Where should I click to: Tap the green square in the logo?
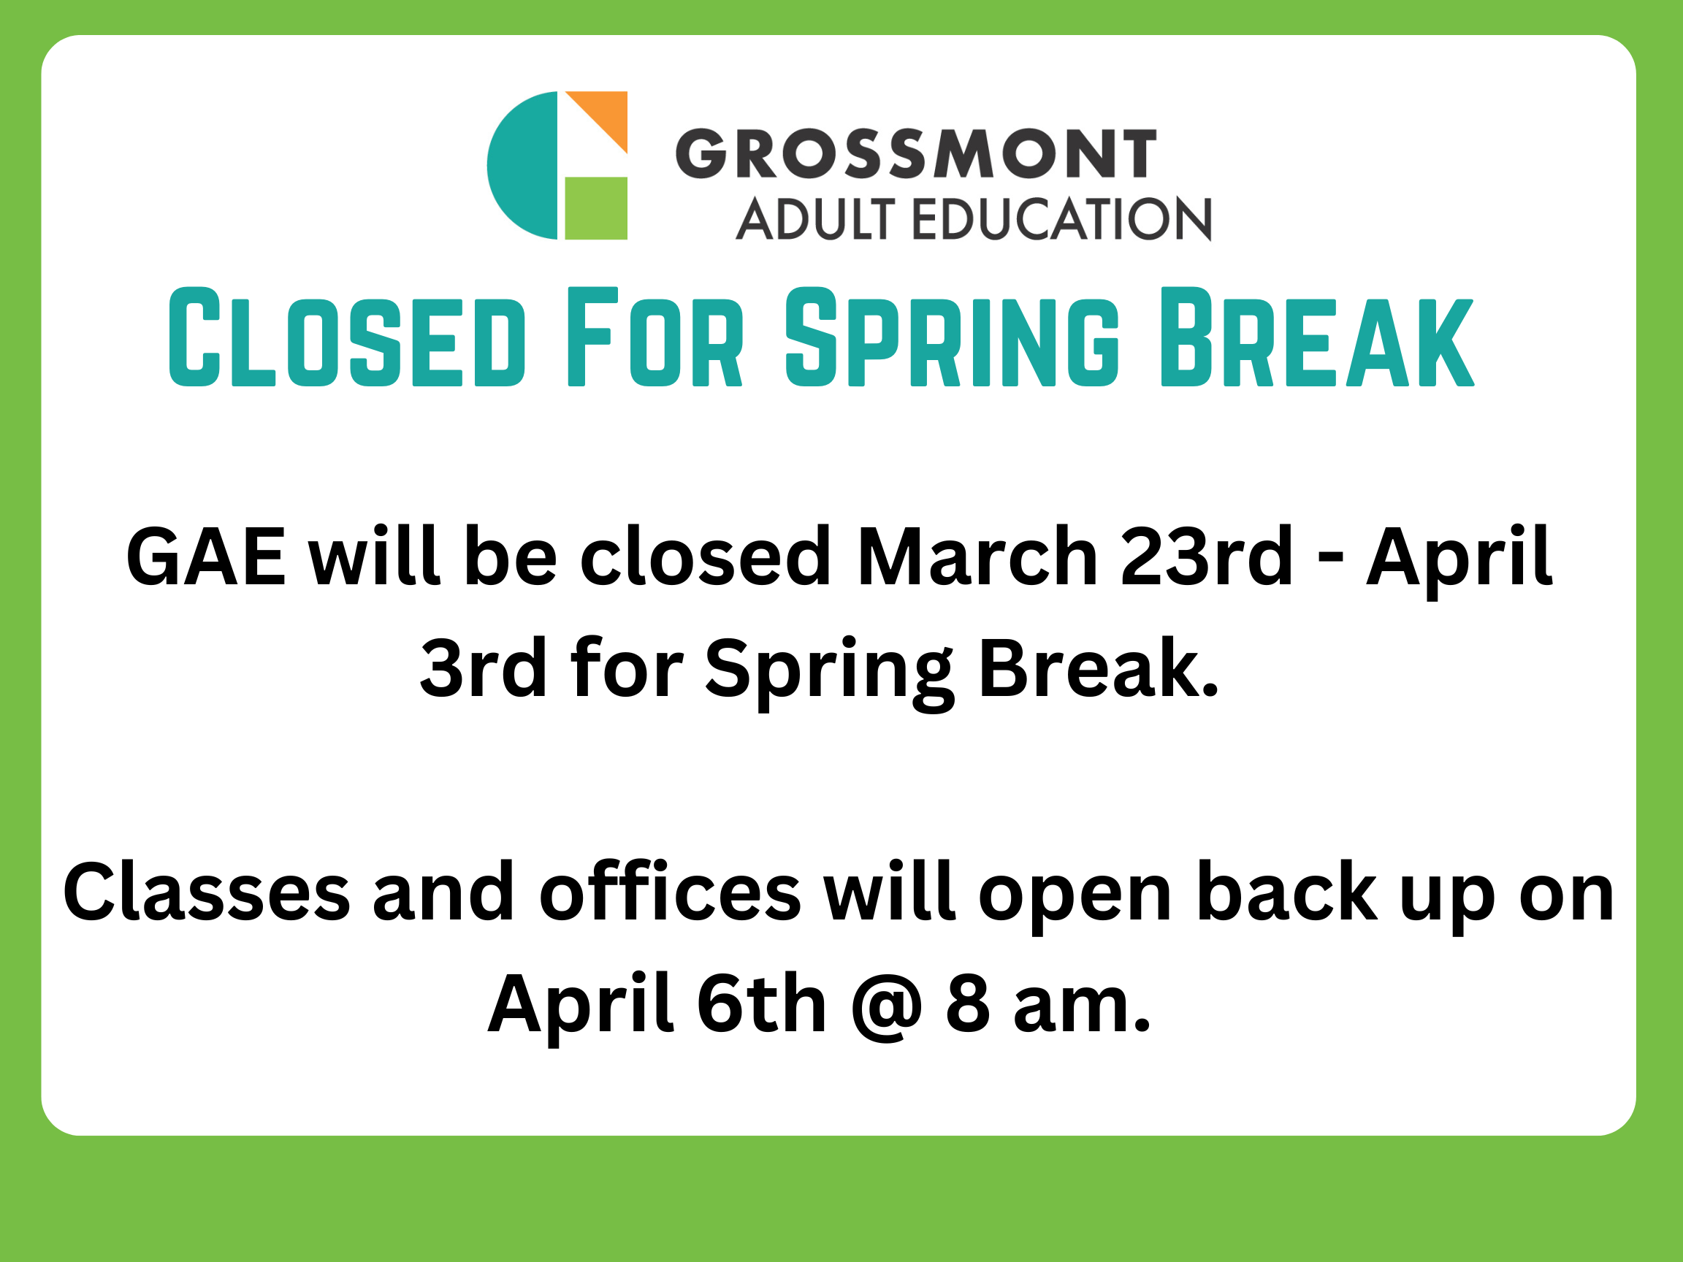coord(596,208)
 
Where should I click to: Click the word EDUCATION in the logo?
coord(1061,218)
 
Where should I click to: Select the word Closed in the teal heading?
coord(347,337)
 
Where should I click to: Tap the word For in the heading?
coord(655,337)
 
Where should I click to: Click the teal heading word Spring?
coord(953,337)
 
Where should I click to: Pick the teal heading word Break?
coord(1318,337)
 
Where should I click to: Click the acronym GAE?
coord(206,557)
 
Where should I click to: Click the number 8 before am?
coord(968,1003)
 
